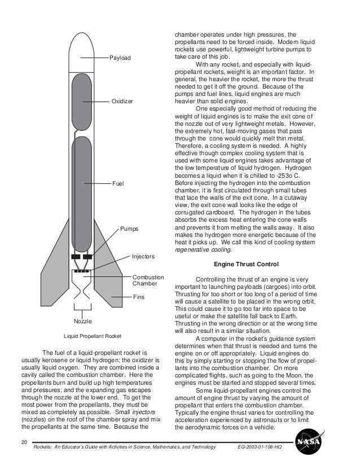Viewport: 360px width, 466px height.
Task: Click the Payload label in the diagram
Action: coord(121,58)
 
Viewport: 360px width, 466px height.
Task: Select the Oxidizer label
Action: coord(121,102)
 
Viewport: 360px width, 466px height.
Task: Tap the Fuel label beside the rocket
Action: coord(118,184)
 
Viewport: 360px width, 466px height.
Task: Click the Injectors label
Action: coord(143,256)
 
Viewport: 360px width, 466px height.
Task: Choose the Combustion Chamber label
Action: coord(148,280)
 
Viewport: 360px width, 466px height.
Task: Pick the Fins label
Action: coord(138,296)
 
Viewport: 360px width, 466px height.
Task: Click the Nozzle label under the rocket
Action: coord(83,321)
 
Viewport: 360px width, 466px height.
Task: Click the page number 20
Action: coord(23,440)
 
